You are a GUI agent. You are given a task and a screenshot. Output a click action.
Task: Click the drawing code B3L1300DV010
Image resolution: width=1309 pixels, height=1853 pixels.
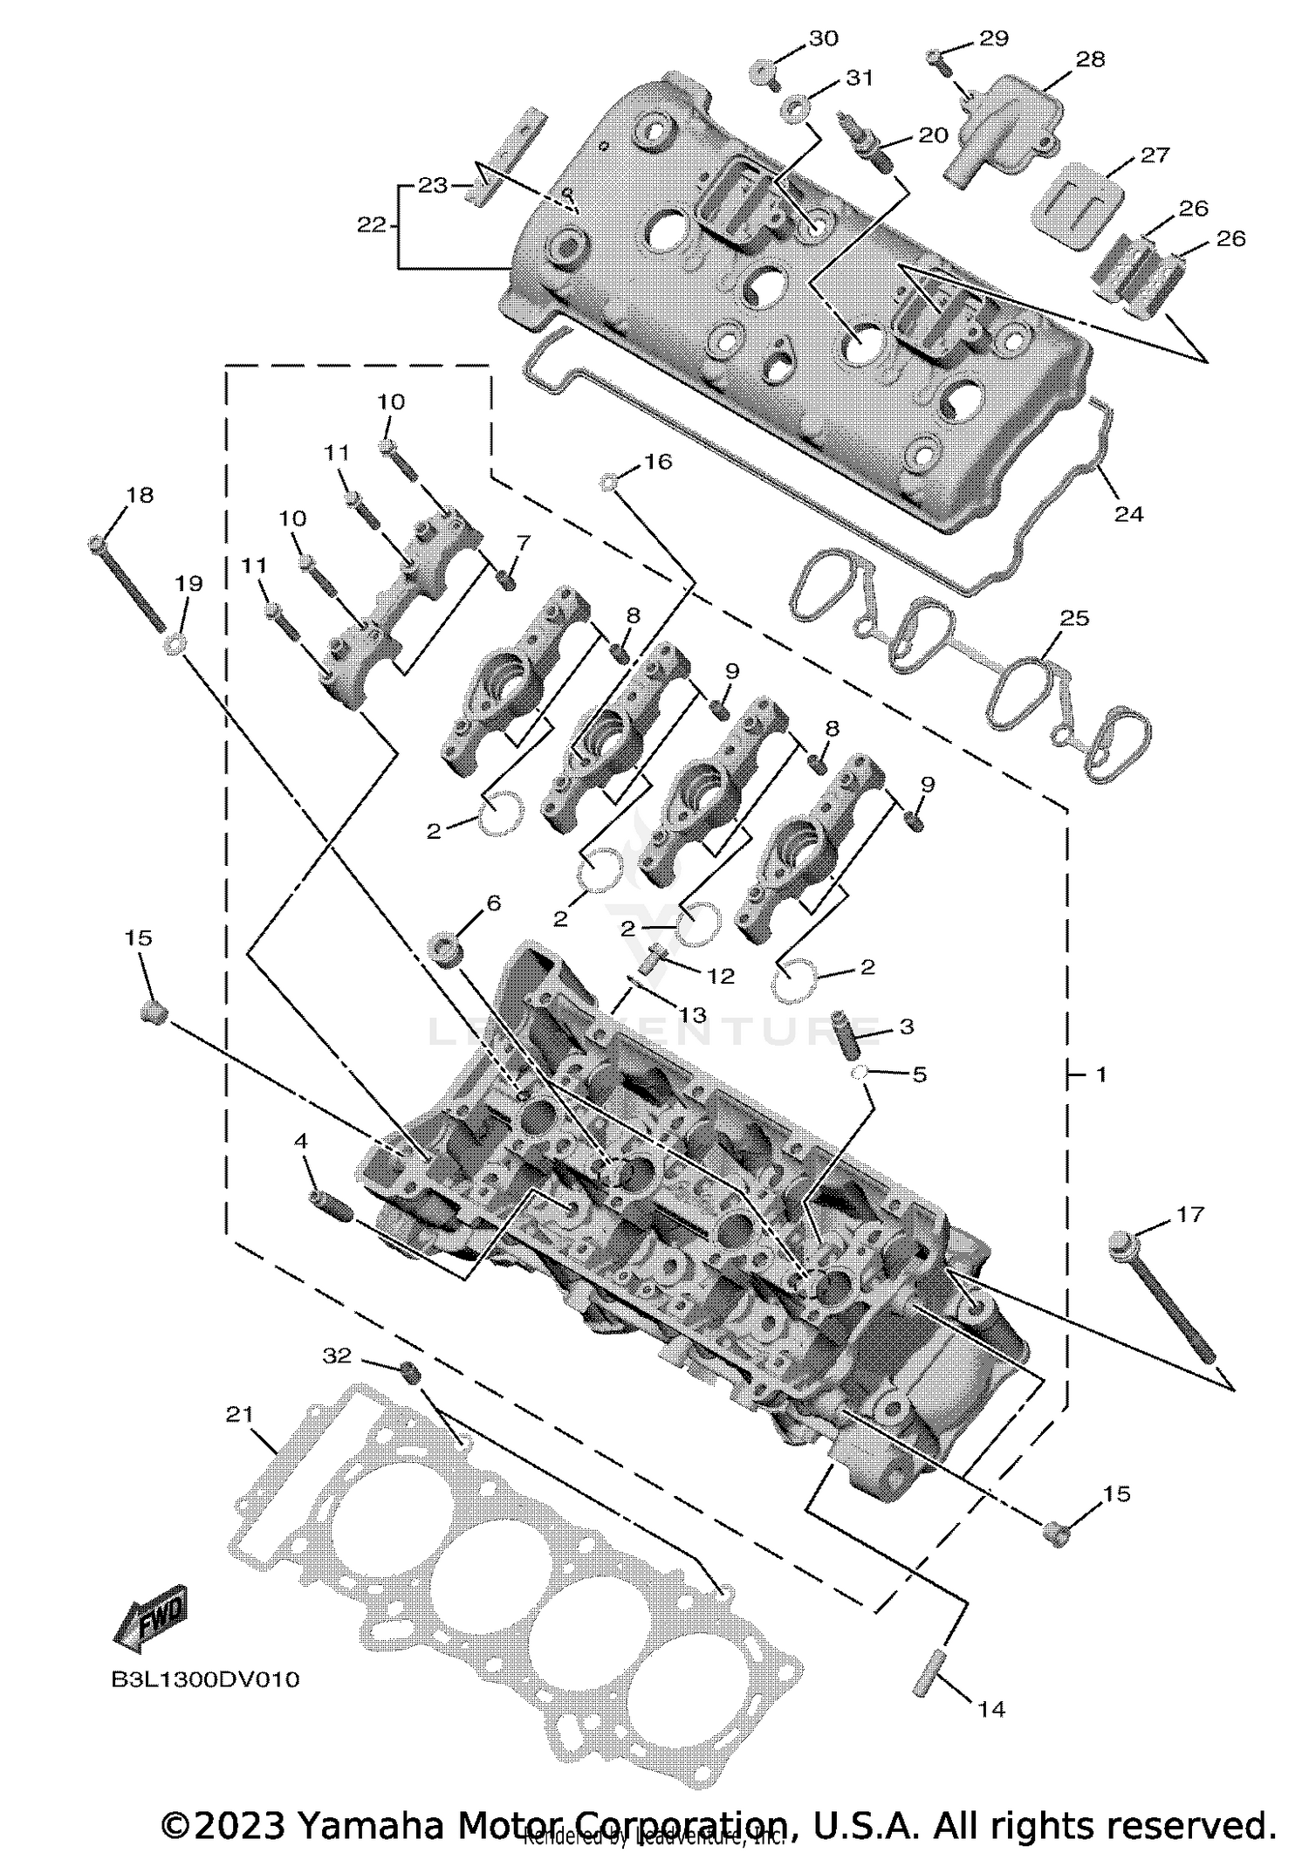coord(205,1679)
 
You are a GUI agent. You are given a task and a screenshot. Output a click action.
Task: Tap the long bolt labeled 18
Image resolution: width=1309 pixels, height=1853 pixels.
coord(128,584)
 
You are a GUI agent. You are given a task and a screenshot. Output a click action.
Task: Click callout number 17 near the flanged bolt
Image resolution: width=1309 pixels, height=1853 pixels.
coord(1189,1214)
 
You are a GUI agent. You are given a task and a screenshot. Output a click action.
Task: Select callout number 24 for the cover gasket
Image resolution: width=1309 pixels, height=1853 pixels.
coord(1128,514)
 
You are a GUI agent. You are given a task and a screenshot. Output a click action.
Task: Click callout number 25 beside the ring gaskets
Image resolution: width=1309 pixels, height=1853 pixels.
coord(1074,618)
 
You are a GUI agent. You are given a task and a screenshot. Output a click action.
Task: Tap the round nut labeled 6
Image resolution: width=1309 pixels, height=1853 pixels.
coord(446,949)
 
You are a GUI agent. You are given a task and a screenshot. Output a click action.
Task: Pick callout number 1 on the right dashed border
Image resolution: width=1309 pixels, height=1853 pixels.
coord(1100,1074)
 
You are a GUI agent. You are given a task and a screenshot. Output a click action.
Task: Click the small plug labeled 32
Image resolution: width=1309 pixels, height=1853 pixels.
coord(409,1372)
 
